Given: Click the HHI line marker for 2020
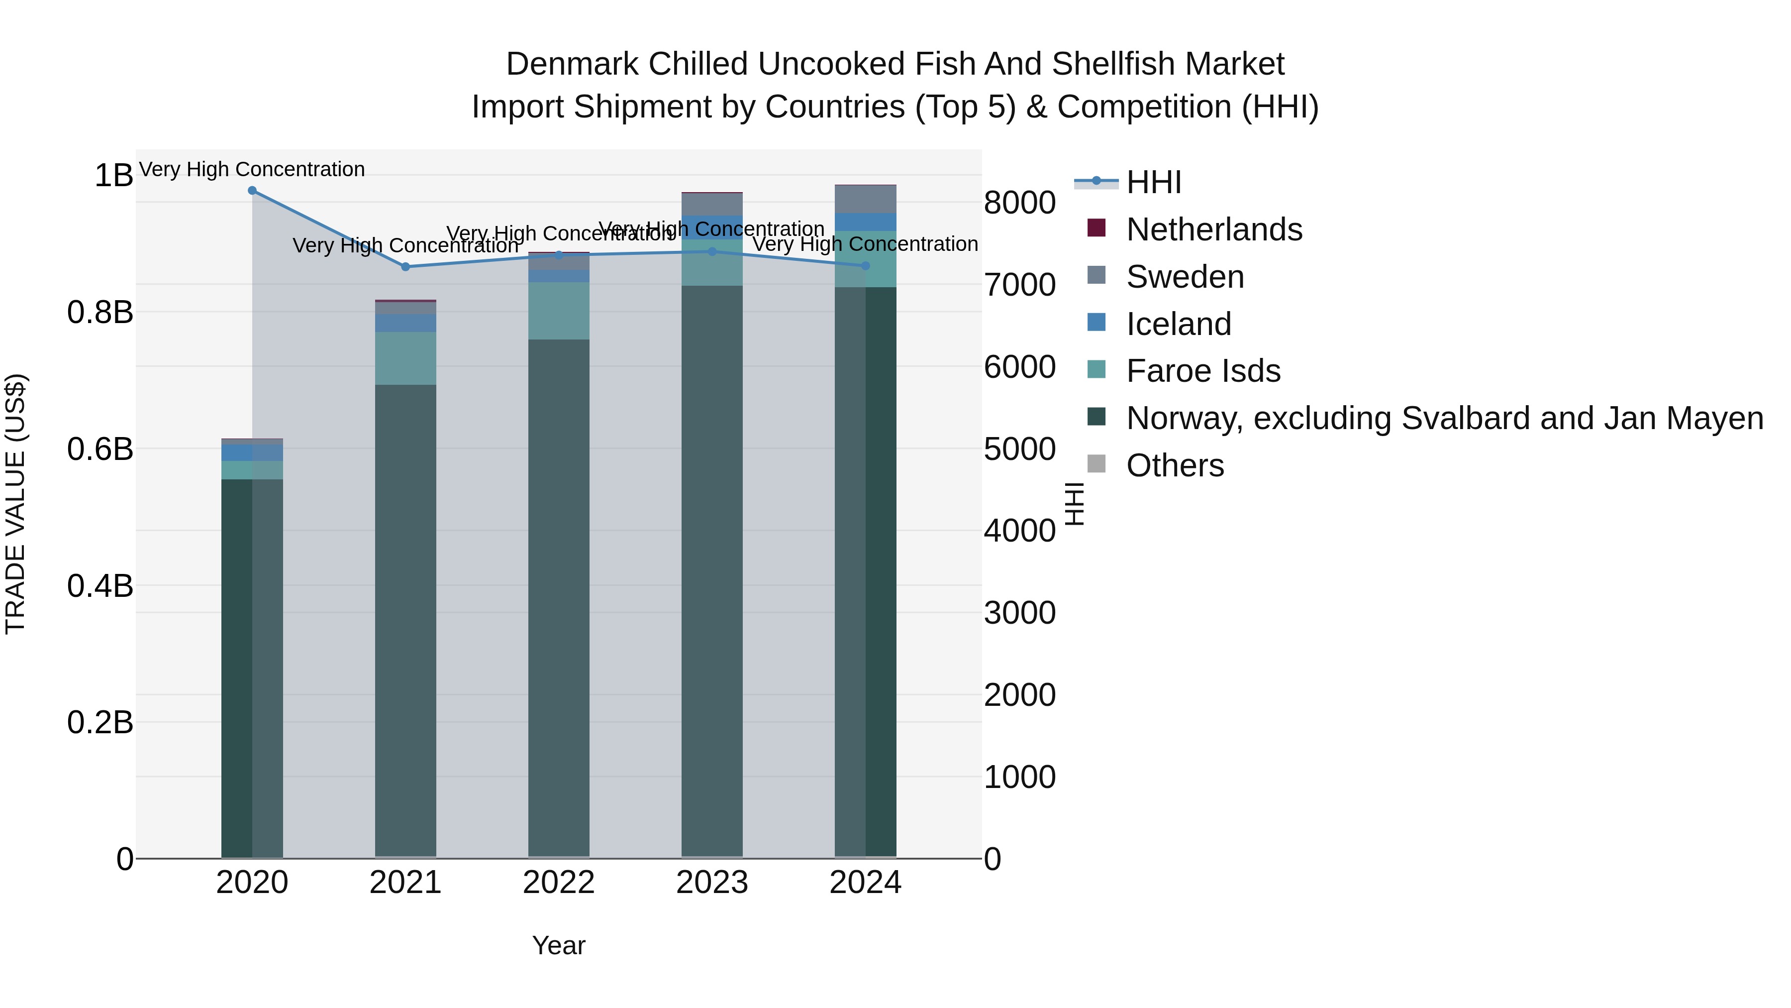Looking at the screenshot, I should point(252,191).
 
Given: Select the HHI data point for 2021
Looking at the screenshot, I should point(406,266).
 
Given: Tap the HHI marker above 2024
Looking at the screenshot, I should point(866,266).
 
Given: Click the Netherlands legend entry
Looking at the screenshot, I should point(1213,229).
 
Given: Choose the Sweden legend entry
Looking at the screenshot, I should point(1184,277).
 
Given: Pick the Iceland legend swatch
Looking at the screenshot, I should point(1096,323).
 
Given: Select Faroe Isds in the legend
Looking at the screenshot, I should point(1203,371).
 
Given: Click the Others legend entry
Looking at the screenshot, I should point(1174,465).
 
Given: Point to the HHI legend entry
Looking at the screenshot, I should point(1153,182).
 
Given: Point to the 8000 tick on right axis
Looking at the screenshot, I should point(1020,203).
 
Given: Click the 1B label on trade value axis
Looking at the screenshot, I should point(113,175).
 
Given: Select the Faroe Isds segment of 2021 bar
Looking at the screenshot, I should point(406,358).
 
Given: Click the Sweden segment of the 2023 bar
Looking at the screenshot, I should point(712,205).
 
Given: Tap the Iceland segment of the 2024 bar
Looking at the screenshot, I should point(866,222).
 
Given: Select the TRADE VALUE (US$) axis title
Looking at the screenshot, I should point(15,504).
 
